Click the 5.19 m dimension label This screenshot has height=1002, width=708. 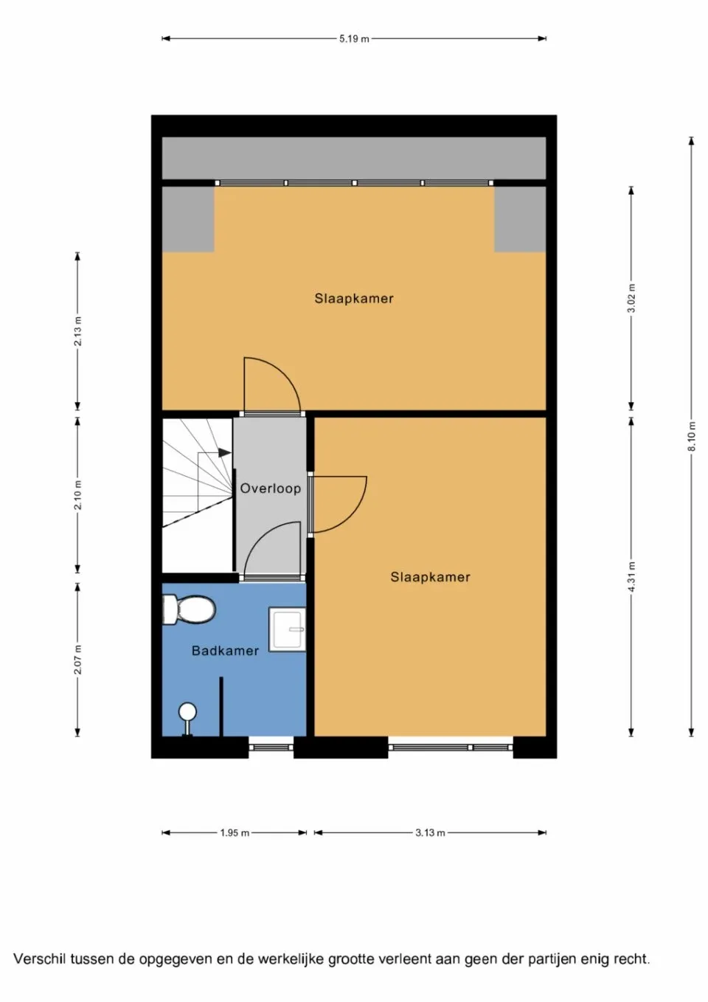(x=354, y=38)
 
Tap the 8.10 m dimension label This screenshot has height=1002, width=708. (x=692, y=436)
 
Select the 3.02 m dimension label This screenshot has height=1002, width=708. (x=631, y=298)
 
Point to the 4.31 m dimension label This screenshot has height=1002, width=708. (x=631, y=576)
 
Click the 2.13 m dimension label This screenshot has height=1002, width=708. (x=77, y=331)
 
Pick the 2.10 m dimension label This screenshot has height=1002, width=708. (x=77, y=495)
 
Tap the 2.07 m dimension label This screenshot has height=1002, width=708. (x=77, y=659)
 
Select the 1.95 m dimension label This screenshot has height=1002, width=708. (x=235, y=833)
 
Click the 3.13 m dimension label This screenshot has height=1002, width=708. (x=430, y=833)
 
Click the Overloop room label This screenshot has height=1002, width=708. (x=270, y=488)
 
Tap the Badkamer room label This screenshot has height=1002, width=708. (x=225, y=651)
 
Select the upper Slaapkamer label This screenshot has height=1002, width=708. (x=354, y=299)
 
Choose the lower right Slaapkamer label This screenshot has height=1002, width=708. (x=430, y=577)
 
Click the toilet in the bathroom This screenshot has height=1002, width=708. (x=190, y=610)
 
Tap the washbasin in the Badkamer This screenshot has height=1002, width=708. (x=287, y=629)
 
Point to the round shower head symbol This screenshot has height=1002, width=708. (x=188, y=711)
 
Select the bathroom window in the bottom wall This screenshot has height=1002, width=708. (x=271, y=747)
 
